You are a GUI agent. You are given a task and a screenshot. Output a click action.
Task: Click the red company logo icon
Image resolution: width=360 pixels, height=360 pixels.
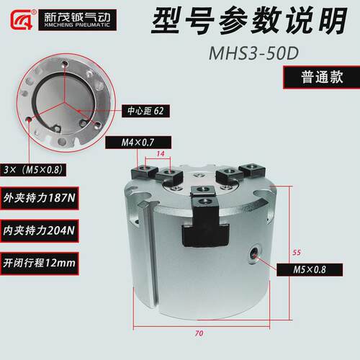22,19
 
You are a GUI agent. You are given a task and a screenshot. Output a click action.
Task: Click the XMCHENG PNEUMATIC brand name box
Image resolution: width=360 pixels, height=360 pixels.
77,20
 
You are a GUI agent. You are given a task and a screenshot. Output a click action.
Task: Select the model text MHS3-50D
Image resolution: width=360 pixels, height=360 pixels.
253,53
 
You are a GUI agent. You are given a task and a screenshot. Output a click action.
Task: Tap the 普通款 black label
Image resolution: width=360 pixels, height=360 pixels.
322,77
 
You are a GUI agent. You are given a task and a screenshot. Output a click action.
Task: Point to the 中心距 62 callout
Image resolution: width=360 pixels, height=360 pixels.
145,111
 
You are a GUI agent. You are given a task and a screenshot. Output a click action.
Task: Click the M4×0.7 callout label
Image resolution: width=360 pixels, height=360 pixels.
138,143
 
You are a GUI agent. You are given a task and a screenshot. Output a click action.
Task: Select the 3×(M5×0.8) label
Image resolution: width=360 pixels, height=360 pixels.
33,170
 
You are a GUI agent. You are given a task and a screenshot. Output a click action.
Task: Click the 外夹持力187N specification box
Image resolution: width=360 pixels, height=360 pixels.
40,198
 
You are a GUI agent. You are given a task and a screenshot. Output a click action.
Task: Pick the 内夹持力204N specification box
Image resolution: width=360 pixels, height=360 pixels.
40,230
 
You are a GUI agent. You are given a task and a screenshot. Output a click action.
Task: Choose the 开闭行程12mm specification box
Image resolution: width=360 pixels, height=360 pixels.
40,264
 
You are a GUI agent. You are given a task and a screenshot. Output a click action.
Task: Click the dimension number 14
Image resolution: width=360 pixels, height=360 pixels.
161,153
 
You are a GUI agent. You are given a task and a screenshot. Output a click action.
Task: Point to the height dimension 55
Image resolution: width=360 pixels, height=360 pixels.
297,253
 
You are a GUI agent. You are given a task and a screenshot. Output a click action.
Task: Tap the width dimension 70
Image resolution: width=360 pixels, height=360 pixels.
199,333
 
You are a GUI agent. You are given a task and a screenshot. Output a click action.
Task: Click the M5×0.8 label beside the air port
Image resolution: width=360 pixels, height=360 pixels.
310,270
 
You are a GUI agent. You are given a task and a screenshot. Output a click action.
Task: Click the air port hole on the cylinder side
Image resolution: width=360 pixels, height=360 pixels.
253,253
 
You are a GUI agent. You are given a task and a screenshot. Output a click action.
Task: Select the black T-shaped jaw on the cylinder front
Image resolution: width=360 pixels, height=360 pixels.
204,222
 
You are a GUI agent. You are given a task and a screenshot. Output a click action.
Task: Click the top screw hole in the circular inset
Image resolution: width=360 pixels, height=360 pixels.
65,64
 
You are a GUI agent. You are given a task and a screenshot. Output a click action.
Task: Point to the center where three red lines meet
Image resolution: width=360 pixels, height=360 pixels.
64,103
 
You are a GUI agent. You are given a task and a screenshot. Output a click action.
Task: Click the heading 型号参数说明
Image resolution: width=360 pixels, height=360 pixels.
250,20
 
